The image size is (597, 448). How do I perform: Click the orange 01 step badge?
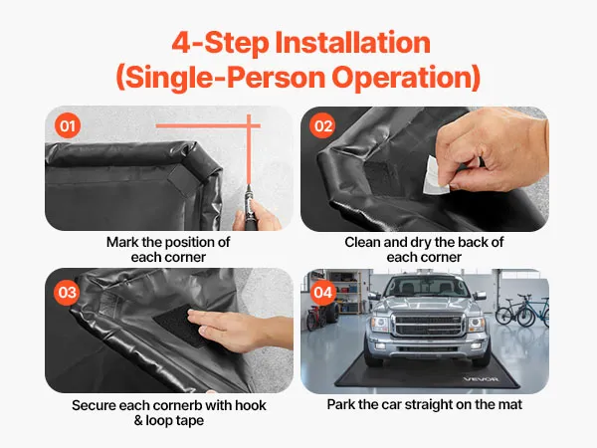coord(68,125)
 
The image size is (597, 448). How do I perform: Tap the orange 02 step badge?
coord(322,125)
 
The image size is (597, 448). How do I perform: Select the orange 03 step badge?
coord(68,292)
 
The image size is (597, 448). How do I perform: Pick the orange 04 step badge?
coord(322,292)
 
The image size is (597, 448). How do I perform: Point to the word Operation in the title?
coord(406,77)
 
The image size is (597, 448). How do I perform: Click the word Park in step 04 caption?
coord(340,404)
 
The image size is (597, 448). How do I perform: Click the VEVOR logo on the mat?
coord(481,379)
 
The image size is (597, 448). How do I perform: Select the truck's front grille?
coord(430,325)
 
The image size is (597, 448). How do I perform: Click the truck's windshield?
coord(427,287)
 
